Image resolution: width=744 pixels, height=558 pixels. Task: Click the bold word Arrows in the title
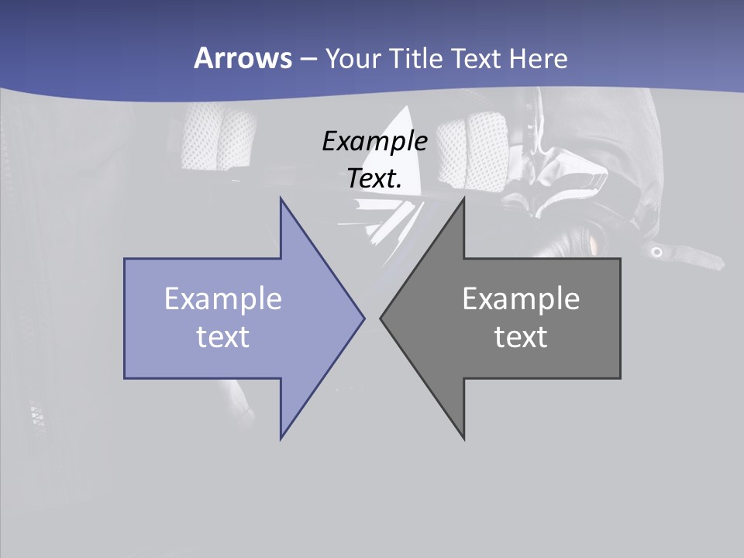[x=242, y=58]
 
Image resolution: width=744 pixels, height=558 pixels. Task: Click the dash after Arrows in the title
[x=308, y=59]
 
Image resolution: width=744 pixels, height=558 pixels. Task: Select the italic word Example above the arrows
[x=375, y=141]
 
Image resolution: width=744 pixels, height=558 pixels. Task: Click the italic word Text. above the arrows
[x=375, y=178]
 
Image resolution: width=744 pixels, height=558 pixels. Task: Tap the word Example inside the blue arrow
[x=223, y=298]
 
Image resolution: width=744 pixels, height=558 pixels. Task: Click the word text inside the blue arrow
[x=223, y=336]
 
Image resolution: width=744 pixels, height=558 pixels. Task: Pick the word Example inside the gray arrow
[x=521, y=298]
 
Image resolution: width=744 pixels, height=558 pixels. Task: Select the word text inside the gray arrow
[x=521, y=336]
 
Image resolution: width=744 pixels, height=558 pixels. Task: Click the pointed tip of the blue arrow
[x=363, y=318]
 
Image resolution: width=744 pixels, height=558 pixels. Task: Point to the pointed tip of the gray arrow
[x=381, y=318]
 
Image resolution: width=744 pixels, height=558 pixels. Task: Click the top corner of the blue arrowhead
[x=281, y=199]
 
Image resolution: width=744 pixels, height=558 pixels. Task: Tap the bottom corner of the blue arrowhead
[x=281, y=438]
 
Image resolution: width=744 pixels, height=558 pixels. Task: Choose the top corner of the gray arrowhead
[x=463, y=199]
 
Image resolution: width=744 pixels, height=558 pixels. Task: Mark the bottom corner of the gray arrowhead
[x=463, y=438]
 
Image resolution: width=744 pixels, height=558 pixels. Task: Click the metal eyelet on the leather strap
[x=656, y=252]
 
